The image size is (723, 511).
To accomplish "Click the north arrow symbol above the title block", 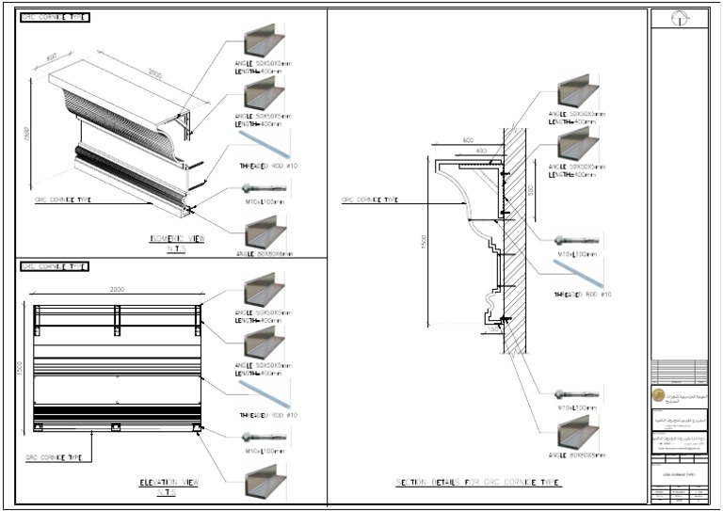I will pyautogui.click(x=678, y=18).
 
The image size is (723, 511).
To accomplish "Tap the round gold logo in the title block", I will pyautogui.click(x=658, y=395).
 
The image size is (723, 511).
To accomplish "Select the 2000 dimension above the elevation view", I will pyautogui.click(x=118, y=289).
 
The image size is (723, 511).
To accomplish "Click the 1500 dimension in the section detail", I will pyautogui.click(x=425, y=244).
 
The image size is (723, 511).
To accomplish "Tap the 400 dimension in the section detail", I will pyautogui.click(x=481, y=151).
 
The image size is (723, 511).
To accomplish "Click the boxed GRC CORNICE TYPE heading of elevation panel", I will pyautogui.click(x=56, y=266).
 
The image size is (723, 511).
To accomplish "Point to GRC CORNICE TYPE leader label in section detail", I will pyautogui.click(x=369, y=200).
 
